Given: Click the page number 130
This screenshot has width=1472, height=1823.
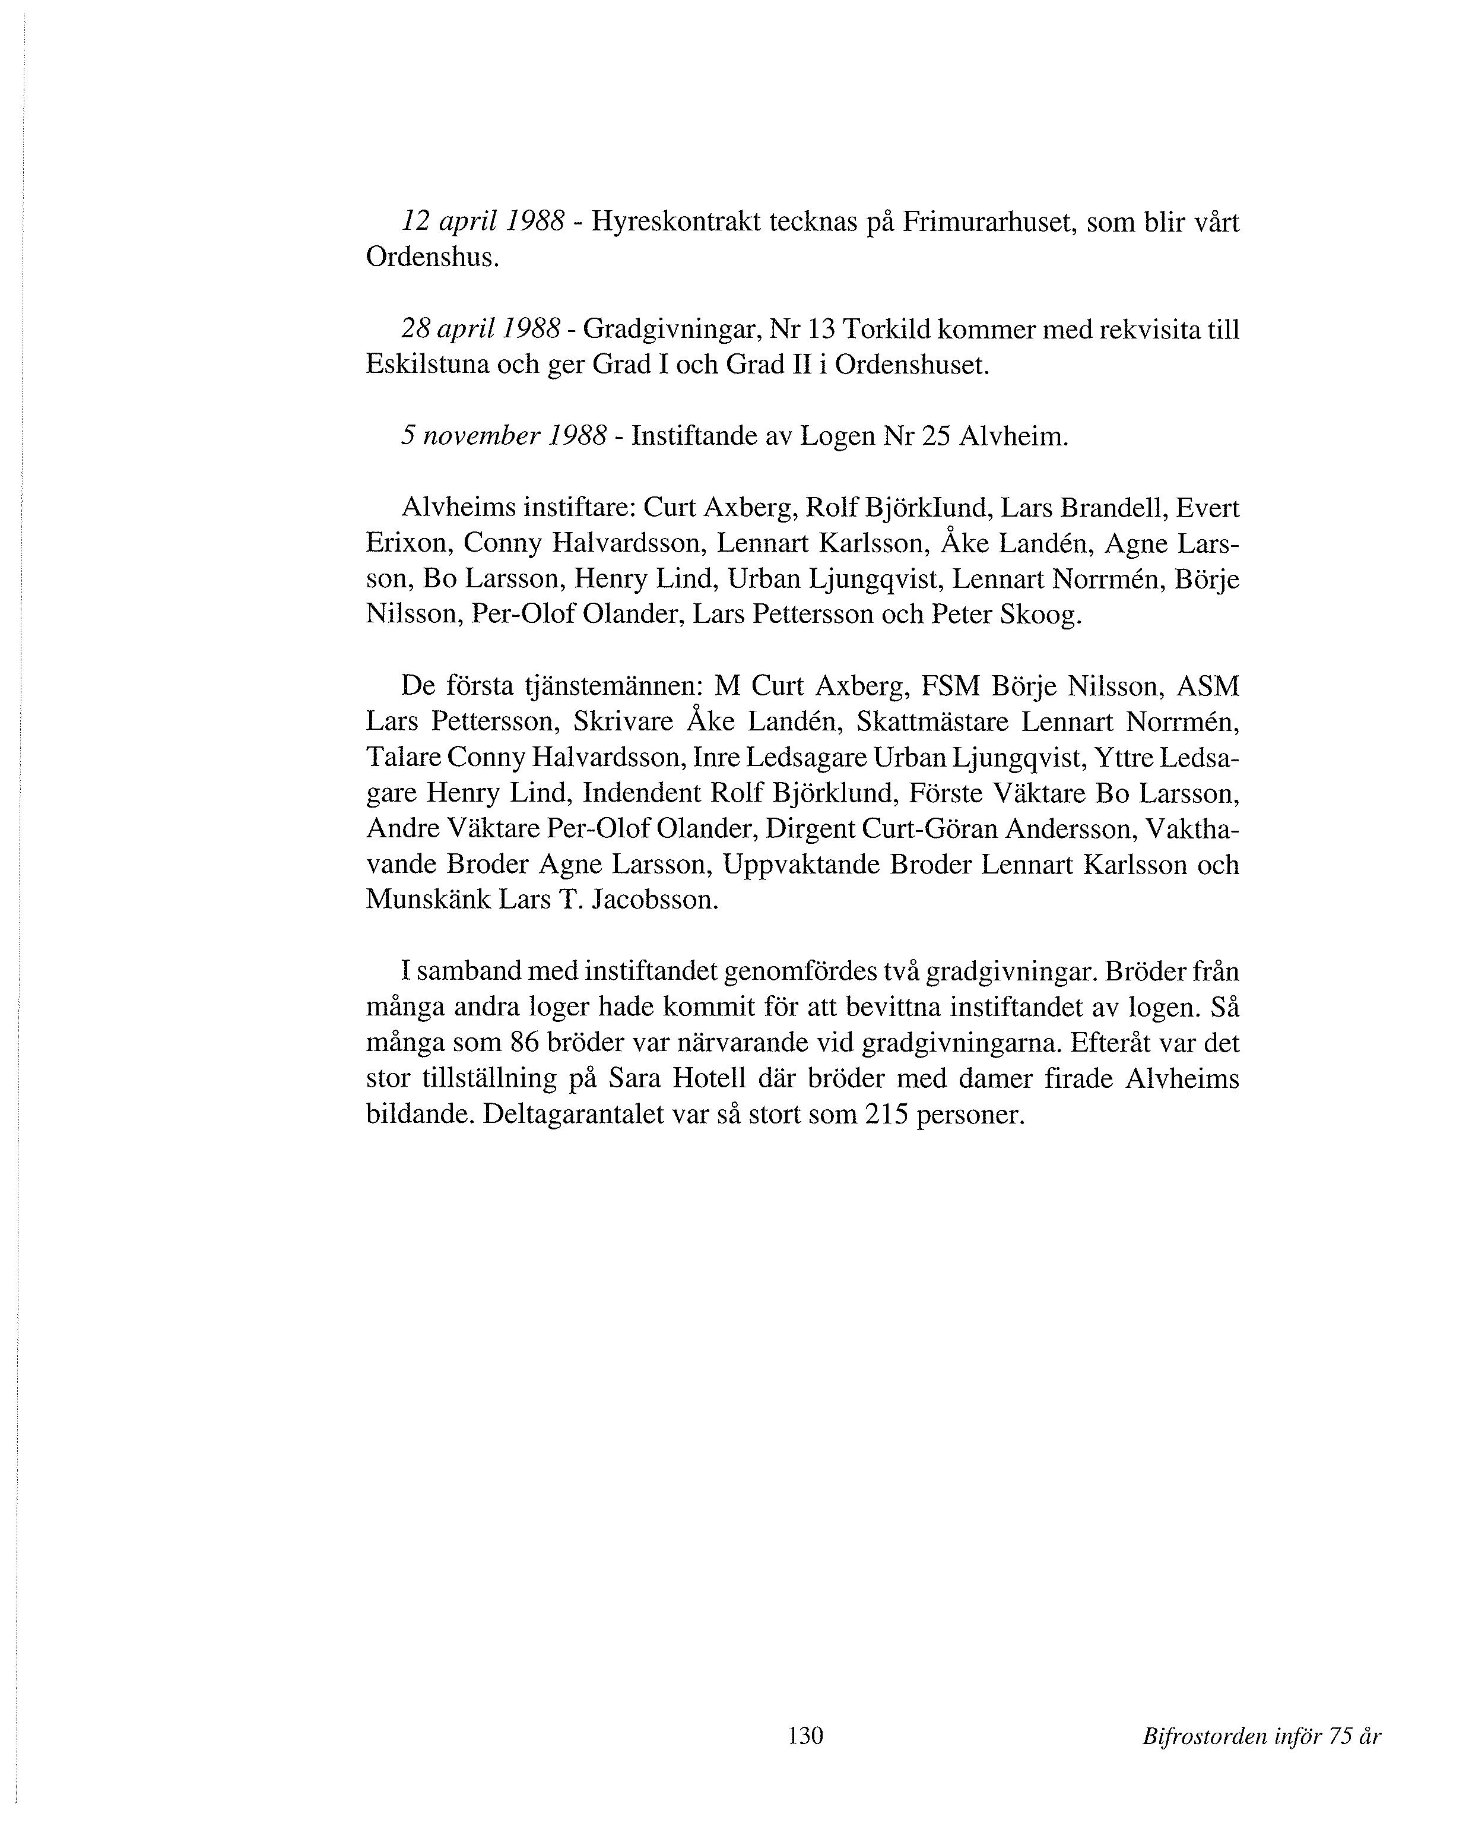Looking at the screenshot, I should [x=805, y=1736].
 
